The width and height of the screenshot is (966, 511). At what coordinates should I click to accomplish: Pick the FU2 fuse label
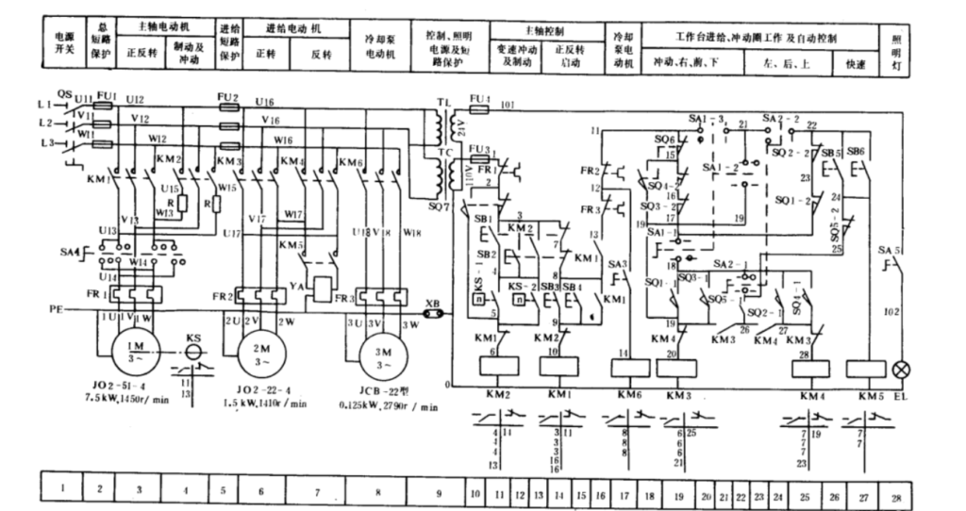pyautogui.click(x=229, y=97)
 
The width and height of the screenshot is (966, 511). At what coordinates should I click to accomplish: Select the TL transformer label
pyautogui.click(x=442, y=100)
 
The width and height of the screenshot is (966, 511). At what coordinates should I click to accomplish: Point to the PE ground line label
pyautogui.click(x=56, y=307)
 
